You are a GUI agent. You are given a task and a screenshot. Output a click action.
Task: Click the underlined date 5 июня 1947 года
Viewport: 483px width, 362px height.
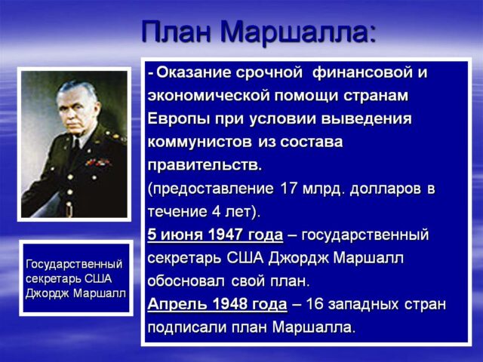click(x=215, y=235)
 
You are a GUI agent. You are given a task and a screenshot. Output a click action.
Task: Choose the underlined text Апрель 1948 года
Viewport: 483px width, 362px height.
click(x=217, y=305)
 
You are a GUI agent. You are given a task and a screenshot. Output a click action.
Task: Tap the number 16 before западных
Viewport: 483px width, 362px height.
click(x=313, y=305)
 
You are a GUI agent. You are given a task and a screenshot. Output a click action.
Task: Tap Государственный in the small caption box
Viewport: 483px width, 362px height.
click(x=74, y=264)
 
